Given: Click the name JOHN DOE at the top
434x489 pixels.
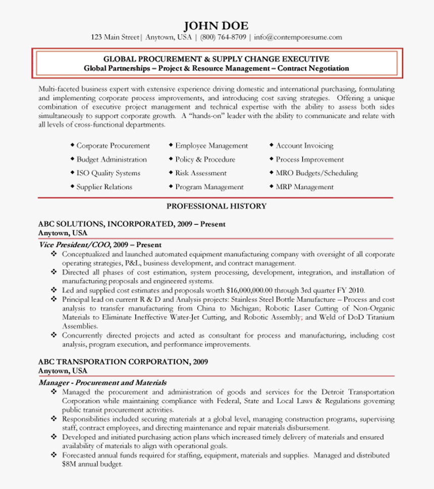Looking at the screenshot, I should [216, 26].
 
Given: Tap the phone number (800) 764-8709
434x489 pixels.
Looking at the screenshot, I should [223, 37].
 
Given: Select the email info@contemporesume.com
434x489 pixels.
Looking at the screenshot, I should [298, 37].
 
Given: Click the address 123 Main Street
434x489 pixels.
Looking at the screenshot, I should [115, 37].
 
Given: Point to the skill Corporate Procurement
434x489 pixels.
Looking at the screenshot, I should [113, 146].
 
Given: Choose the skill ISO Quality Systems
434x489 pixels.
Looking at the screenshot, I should [108, 173].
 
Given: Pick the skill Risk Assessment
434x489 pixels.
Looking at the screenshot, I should [201, 173].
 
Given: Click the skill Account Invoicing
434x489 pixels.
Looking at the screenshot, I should [304, 146].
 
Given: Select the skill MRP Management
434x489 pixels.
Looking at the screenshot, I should [304, 187].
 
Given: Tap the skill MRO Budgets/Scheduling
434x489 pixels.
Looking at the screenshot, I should [316, 173].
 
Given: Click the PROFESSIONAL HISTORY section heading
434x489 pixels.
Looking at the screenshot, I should [216, 206].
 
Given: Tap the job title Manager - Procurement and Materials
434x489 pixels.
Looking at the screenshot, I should [102, 383].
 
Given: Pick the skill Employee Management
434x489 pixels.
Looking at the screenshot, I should [211, 146].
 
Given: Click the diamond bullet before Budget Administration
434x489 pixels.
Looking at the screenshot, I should [72, 159].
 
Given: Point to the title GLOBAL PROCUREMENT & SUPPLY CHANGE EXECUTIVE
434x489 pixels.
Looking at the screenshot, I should [216, 59].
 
